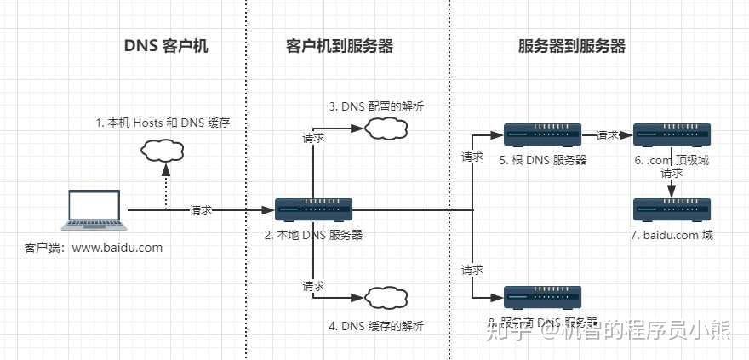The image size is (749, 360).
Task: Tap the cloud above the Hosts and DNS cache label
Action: coord(163,151)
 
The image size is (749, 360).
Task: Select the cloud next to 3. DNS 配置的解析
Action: coord(384,129)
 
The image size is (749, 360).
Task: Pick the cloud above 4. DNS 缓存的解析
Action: coord(384,297)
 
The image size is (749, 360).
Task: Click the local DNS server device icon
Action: coord(313,209)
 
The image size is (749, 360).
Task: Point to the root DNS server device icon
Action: coord(542,134)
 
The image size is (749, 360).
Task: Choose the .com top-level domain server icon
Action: coord(672,134)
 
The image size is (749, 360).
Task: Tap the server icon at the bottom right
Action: coord(542,297)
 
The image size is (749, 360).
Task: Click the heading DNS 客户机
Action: coord(166,47)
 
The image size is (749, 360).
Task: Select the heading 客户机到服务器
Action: coord(339,47)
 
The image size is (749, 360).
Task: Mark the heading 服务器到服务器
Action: coord(571,47)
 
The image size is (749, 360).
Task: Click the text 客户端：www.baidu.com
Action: coord(94,248)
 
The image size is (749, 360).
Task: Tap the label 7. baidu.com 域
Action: coord(672,235)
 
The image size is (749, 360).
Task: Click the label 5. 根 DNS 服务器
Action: coord(543,159)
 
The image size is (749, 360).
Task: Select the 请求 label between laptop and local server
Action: coord(201,210)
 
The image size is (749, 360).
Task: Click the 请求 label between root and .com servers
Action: coord(608,135)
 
